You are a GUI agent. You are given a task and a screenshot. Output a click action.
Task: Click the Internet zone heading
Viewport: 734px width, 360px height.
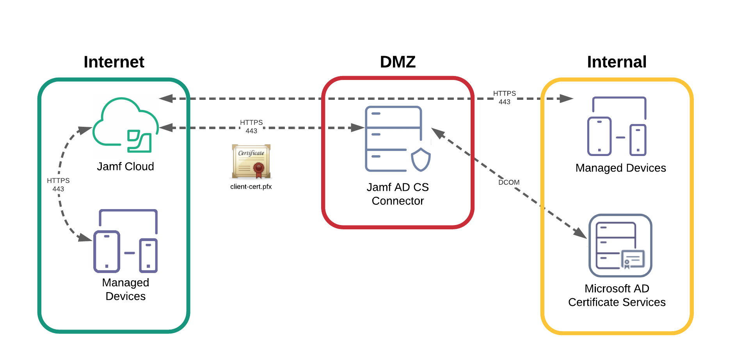(x=114, y=62)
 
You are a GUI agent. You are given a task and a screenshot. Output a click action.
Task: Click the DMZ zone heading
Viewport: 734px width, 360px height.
(x=398, y=62)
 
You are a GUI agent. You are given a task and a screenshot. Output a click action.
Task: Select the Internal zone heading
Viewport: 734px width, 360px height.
(x=617, y=62)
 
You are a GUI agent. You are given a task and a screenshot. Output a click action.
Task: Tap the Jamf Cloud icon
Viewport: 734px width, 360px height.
(x=125, y=125)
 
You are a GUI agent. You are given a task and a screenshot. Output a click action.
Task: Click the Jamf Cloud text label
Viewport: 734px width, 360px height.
(x=125, y=167)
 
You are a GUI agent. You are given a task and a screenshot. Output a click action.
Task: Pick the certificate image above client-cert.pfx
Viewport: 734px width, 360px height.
(x=251, y=161)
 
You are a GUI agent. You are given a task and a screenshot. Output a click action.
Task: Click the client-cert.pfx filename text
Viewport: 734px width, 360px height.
(x=251, y=187)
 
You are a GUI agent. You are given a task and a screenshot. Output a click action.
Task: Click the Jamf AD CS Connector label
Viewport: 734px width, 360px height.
(x=398, y=194)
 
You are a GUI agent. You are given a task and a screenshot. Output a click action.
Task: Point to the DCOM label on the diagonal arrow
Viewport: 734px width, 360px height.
(x=509, y=182)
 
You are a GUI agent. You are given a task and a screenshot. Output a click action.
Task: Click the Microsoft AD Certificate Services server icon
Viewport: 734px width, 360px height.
(x=620, y=245)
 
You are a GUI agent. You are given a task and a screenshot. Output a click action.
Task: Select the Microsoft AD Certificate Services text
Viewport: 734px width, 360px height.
(x=617, y=295)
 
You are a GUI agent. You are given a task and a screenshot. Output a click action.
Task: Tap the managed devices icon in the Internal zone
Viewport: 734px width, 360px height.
(x=617, y=127)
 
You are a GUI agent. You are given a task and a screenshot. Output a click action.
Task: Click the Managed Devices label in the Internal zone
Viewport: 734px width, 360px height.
(x=620, y=168)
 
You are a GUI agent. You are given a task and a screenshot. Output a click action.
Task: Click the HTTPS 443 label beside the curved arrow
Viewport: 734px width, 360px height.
(x=58, y=184)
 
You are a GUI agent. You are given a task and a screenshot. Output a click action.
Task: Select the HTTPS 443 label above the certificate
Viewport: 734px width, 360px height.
(x=251, y=126)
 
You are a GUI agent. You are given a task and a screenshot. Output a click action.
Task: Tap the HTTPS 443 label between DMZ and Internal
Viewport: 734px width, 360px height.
(x=504, y=98)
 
